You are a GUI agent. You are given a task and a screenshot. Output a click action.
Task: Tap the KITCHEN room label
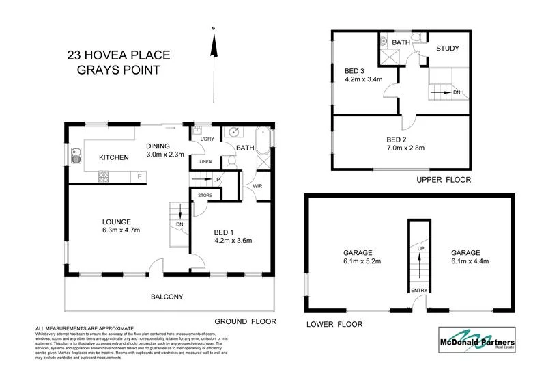point(114,158)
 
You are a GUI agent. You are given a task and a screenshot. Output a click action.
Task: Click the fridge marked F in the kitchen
point(140,176)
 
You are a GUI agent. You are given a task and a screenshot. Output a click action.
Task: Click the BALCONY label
point(167,297)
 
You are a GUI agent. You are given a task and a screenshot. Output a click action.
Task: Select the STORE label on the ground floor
point(205,196)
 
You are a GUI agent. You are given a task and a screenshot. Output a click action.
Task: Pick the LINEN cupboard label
point(204,161)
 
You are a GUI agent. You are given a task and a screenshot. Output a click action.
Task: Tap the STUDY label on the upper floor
point(448,49)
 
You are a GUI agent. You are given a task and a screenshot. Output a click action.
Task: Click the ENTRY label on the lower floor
point(418,291)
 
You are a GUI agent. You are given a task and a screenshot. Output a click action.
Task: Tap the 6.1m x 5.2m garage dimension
point(362,261)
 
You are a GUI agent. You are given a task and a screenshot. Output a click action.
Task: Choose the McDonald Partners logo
point(477,340)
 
